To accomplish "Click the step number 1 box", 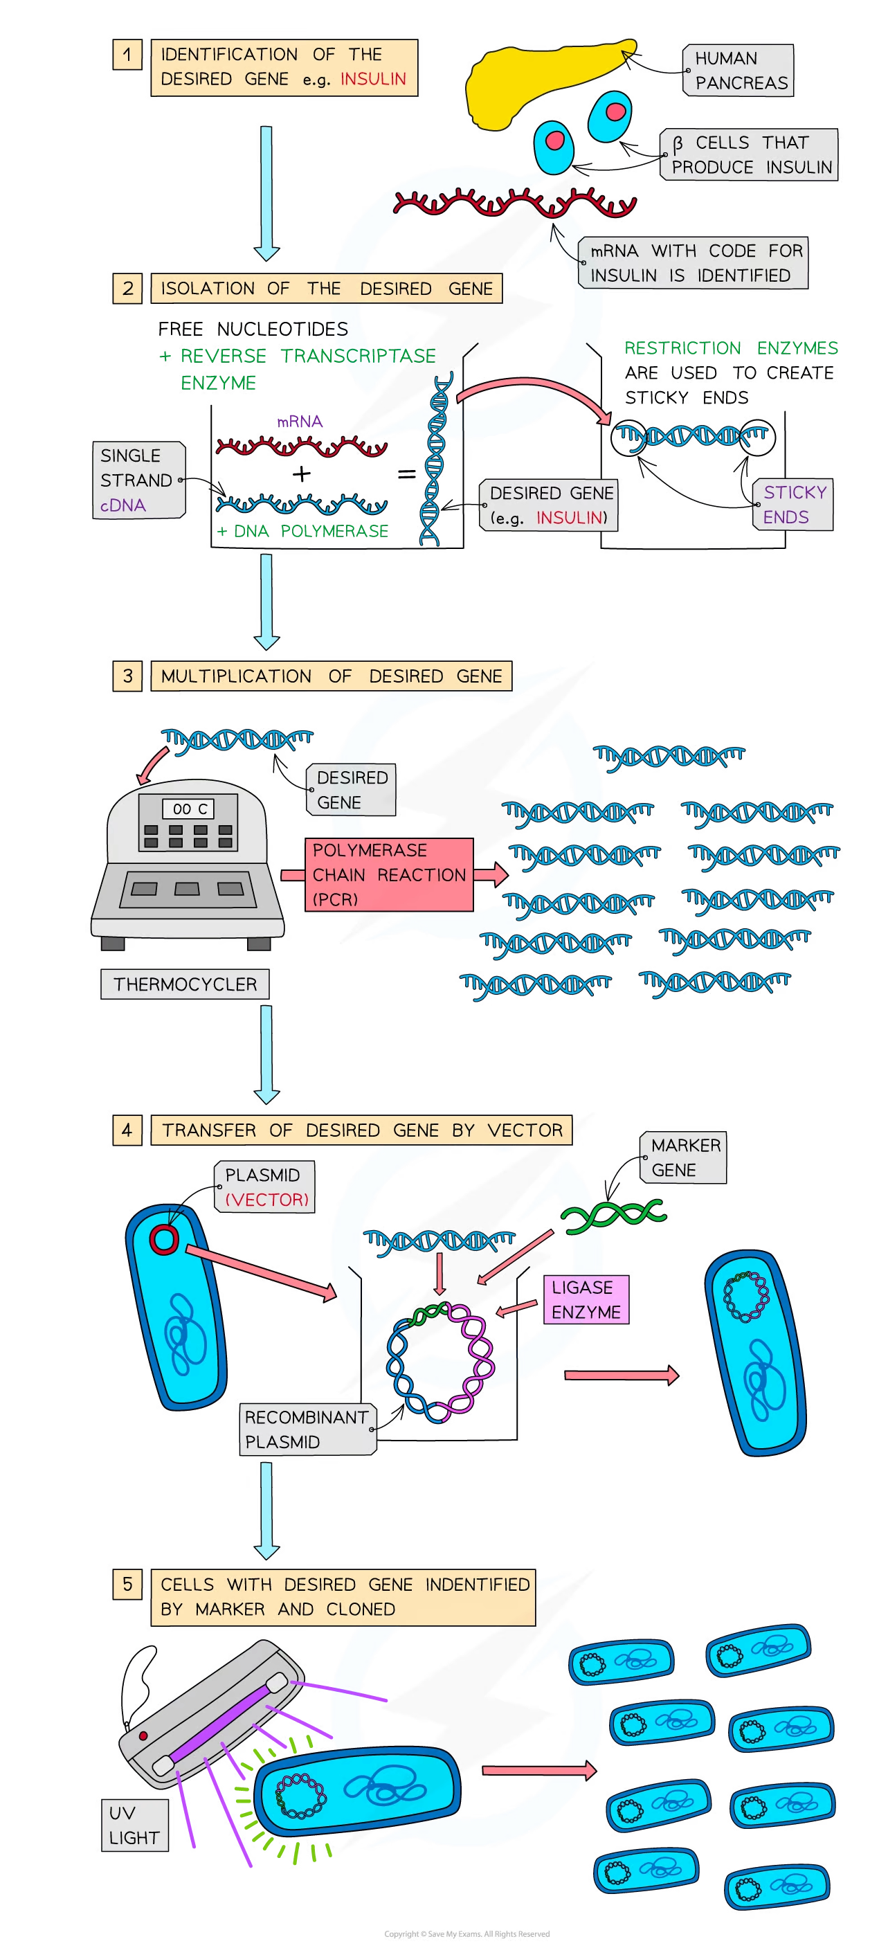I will coord(127,55).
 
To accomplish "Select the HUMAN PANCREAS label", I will coord(739,71).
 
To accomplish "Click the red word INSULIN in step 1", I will coord(373,79).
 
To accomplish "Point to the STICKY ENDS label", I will coord(794,505).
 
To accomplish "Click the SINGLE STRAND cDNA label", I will coord(138,480).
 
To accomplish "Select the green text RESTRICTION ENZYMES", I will coord(731,348).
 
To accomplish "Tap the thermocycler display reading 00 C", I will coord(190,809).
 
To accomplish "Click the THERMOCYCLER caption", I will coord(185,984).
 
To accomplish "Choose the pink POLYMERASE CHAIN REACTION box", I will coord(388,874).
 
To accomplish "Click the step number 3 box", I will coord(127,676).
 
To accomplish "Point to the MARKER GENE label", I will coord(685,1157).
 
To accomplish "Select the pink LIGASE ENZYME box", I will coord(586,1299).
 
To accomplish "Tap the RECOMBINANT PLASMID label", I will coord(307,1429).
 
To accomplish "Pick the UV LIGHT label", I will coord(134,1825).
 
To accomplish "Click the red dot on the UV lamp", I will coord(143,1736).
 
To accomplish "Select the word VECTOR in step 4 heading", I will coord(525,1130).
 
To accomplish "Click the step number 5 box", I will coord(127,1584).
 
